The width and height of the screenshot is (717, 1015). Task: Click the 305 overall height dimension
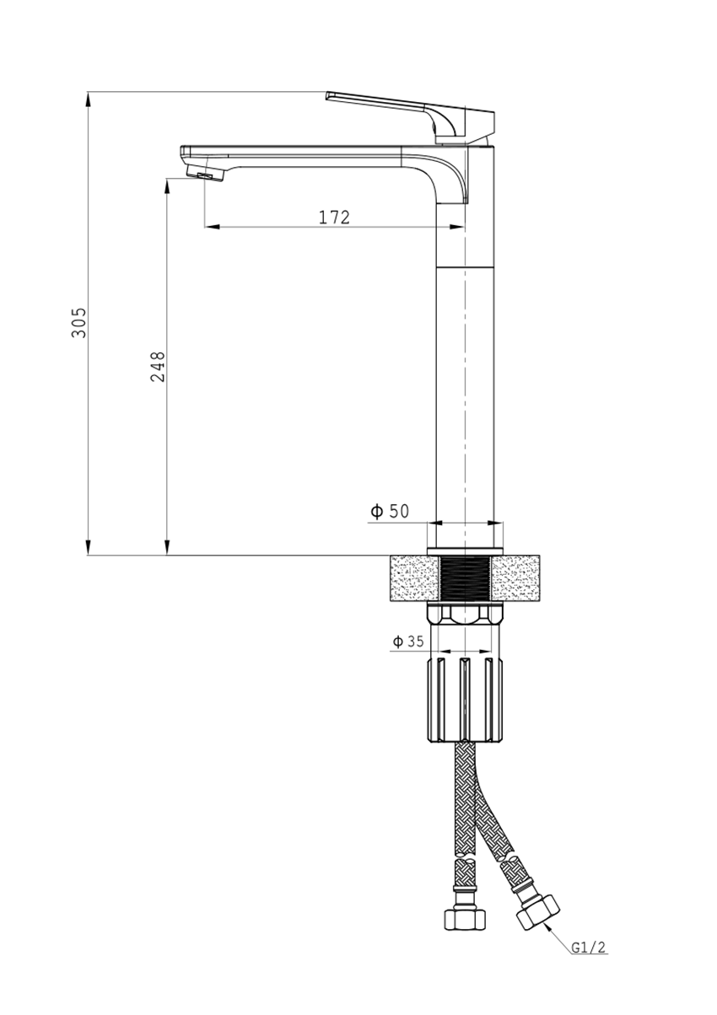pos(79,323)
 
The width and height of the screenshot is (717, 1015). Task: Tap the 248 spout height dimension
pos(158,366)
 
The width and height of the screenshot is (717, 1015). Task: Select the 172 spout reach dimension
pos(334,217)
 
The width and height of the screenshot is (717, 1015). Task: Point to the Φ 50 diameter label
pos(390,511)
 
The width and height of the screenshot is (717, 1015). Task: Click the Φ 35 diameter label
pos(407,642)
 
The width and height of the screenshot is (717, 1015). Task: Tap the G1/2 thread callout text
pos(588,948)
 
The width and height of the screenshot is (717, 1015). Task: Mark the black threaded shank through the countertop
pos(465,579)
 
